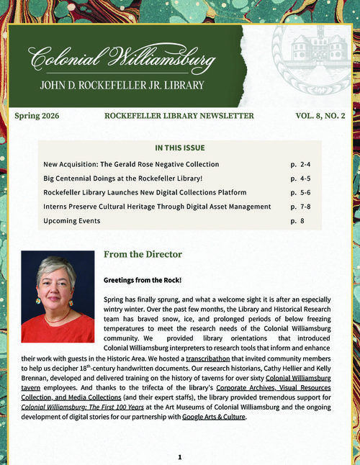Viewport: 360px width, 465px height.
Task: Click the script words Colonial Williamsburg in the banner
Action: coord(122,58)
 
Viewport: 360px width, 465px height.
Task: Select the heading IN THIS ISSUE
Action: coord(180,148)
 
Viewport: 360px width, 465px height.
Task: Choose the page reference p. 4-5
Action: coord(301,179)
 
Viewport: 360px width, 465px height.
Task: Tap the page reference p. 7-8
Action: coord(301,207)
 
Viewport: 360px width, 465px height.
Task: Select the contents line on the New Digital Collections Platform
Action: coord(145,192)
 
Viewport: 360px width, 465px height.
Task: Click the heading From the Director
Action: coord(143,255)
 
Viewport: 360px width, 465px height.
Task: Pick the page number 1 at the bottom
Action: coord(180,456)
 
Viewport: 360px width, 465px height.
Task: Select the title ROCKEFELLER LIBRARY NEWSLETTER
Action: coord(179,115)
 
